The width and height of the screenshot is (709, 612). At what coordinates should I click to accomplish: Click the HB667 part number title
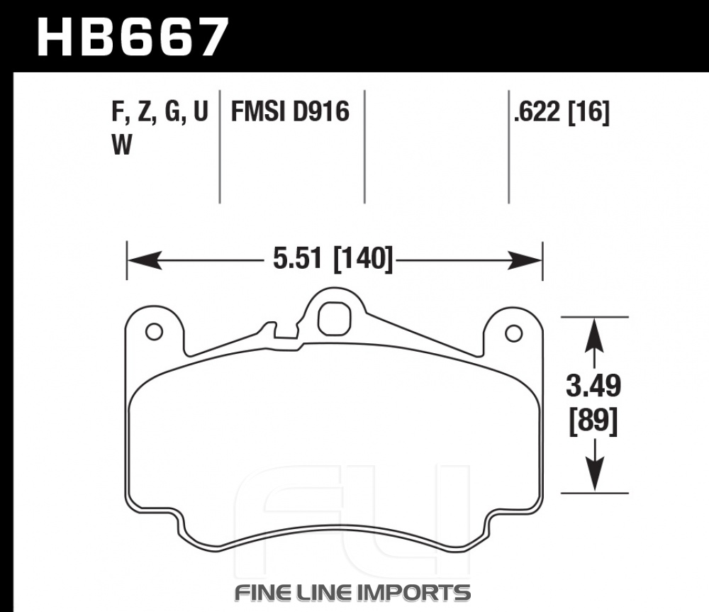pyautogui.click(x=133, y=37)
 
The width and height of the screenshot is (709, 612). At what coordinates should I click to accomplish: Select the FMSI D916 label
pyautogui.click(x=290, y=111)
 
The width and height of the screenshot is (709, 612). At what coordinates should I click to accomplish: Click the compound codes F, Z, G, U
pyautogui.click(x=160, y=112)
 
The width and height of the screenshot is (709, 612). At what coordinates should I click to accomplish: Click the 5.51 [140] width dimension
pyautogui.click(x=333, y=259)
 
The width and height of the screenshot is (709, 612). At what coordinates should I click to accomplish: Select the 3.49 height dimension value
pyautogui.click(x=593, y=386)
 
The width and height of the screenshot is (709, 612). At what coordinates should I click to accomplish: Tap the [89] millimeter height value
pyautogui.click(x=593, y=421)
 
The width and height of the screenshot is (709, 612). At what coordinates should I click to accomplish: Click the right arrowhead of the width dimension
pyautogui.click(x=525, y=260)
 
